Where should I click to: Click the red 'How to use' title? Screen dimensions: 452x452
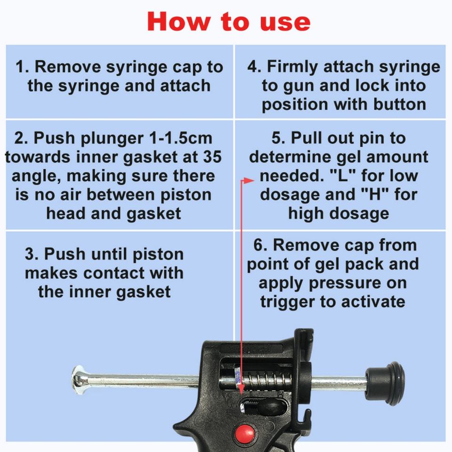(229, 22)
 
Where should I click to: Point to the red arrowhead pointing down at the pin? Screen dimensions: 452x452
(242, 390)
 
